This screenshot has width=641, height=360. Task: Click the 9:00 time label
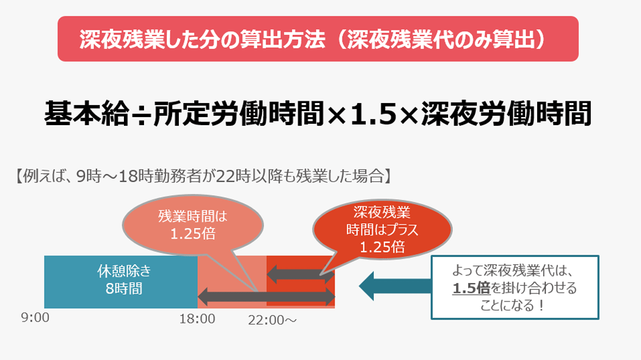(x=34, y=318)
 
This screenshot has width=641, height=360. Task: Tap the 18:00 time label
(x=197, y=318)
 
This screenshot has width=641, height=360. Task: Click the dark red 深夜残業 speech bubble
(x=382, y=229)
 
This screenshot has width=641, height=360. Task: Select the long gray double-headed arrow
(x=266, y=297)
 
